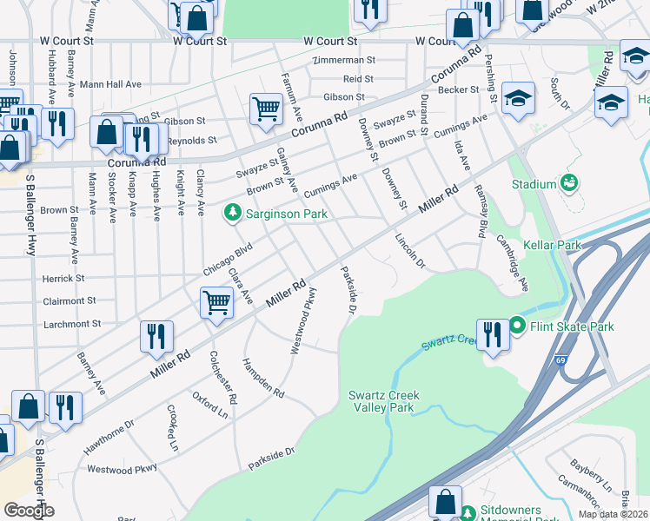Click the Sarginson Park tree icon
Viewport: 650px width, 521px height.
coord(232,212)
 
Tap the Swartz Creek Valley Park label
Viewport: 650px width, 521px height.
coord(384,401)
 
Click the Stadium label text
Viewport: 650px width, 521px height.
coord(534,184)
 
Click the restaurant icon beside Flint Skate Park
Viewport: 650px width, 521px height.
coord(492,334)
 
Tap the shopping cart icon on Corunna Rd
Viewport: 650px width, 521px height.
coord(265,109)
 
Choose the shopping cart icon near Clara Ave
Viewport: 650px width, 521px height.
coord(216,304)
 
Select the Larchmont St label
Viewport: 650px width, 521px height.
coord(72,324)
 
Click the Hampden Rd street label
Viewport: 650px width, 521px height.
coord(263,379)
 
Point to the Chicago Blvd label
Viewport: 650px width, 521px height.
coord(228,259)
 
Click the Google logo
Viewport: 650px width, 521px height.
coord(29,511)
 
